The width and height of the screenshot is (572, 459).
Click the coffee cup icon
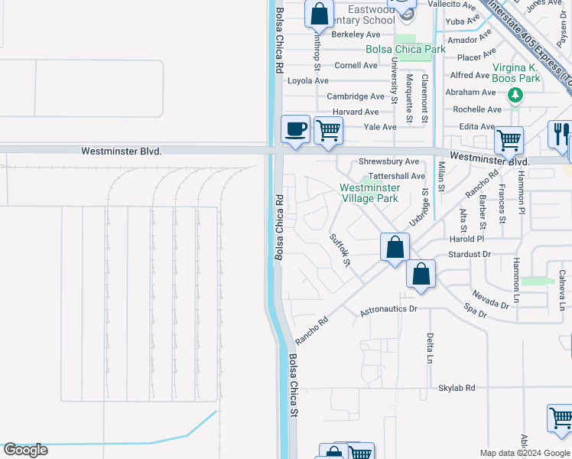click(295, 129)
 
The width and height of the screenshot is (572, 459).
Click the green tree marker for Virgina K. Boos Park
click(515, 95)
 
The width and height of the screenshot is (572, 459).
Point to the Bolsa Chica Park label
click(405, 49)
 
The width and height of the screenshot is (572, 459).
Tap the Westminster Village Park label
click(369, 193)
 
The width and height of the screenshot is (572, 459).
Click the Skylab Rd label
click(457, 388)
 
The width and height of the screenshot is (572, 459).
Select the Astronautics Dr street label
click(388, 310)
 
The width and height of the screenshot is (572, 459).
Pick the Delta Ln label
click(430, 348)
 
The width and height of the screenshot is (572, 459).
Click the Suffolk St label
click(340, 250)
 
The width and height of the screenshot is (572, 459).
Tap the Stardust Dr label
click(470, 254)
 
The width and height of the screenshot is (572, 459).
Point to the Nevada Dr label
click(489, 299)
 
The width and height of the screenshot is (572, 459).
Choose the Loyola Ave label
click(307, 80)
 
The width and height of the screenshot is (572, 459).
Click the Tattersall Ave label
click(396, 176)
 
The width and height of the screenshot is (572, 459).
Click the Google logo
click(25, 450)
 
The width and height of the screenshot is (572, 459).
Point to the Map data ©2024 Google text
click(524, 453)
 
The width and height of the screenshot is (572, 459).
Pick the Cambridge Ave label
click(356, 96)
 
